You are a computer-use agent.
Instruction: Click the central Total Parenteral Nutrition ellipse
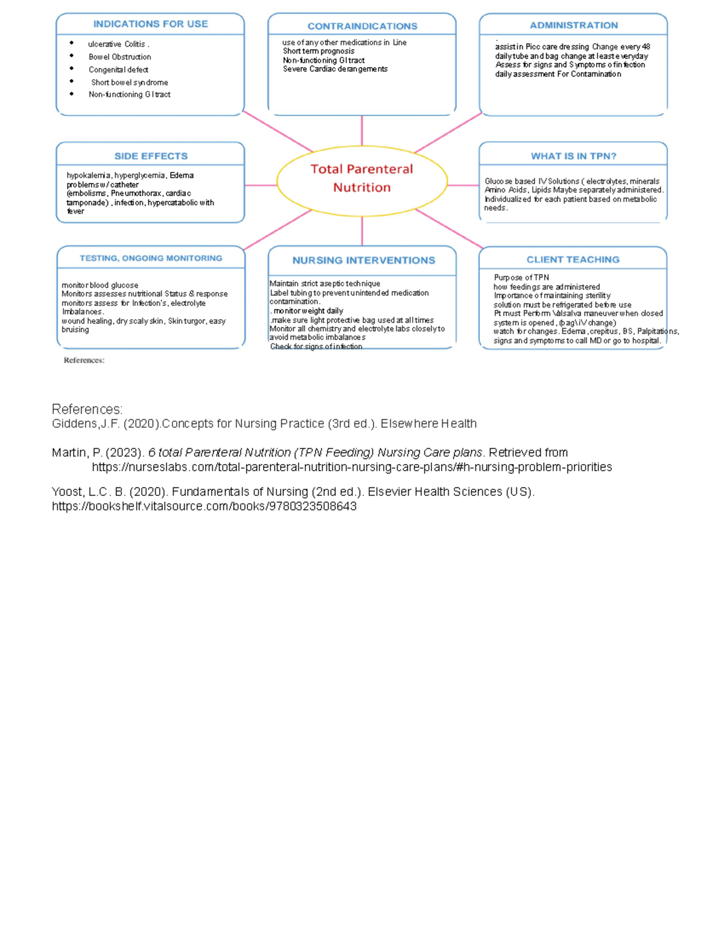pyautogui.click(x=362, y=179)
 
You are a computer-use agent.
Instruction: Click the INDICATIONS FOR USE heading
pyautogui.click(x=150, y=24)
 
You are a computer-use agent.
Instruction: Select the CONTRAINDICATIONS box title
pyautogui.click(x=362, y=26)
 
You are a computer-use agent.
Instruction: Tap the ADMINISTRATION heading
pyautogui.click(x=574, y=25)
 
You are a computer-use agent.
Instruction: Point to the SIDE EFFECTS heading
pyautogui.click(x=151, y=156)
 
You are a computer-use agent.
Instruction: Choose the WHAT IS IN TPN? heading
pyautogui.click(x=574, y=156)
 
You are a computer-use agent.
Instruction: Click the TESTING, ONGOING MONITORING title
pyautogui.click(x=151, y=258)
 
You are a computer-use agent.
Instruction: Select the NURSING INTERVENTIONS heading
pyautogui.click(x=363, y=261)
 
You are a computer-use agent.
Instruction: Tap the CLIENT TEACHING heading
pyautogui.click(x=573, y=259)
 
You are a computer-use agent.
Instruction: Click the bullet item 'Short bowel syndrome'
pyautogui.click(x=129, y=83)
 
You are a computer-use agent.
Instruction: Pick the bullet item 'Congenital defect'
pyautogui.click(x=118, y=70)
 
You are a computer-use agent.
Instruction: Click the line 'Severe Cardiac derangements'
pyautogui.click(x=335, y=69)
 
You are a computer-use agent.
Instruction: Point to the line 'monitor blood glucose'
pyautogui.click(x=100, y=285)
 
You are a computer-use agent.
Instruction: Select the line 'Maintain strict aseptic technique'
pyautogui.click(x=325, y=284)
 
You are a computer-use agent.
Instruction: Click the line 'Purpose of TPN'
pyautogui.click(x=521, y=278)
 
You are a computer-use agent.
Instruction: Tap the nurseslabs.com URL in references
pyautogui.click(x=352, y=467)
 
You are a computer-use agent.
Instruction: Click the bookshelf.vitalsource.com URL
pyautogui.click(x=204, y=506)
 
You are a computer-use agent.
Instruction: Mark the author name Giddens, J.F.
pyautogui.click(x=85, y=424)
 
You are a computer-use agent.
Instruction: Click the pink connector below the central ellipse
pyautogui.click(x=362, y=230)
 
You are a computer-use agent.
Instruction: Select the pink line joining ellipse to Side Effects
pyautogui.click(x=261, y=185)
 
